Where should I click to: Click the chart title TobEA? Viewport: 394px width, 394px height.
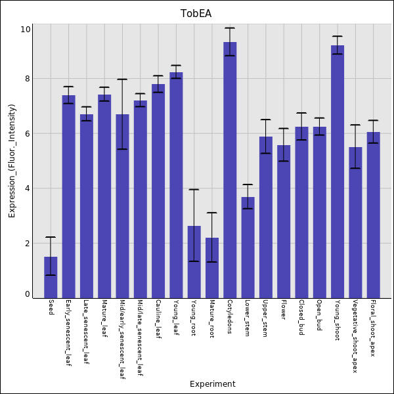click(x=196, y=14)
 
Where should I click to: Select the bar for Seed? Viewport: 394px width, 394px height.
click(x=51, y=277)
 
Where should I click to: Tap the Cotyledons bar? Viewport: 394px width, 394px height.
click(x=230, y=170)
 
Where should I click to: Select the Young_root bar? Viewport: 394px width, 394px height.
click(x=194, y=262)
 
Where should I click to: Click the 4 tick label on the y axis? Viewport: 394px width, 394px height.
click(x=27, y=188)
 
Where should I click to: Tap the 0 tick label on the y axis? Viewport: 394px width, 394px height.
click(x=27, y=294)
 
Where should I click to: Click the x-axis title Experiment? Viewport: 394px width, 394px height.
click(x=212, y=384)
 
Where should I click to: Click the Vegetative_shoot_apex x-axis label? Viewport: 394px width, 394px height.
click(x=355, y=337)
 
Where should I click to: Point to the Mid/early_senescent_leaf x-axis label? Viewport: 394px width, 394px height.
click(x=122, y=340)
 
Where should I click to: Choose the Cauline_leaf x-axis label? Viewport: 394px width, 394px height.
click(x=158, y=320)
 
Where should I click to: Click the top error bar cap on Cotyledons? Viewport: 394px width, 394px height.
click(x=230, y=28)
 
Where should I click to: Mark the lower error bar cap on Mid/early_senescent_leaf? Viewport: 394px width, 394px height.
click(x=122, y=149)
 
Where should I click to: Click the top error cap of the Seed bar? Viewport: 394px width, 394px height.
click(x=51, y=237)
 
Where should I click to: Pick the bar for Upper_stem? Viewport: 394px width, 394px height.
click(x=266, y=217)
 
